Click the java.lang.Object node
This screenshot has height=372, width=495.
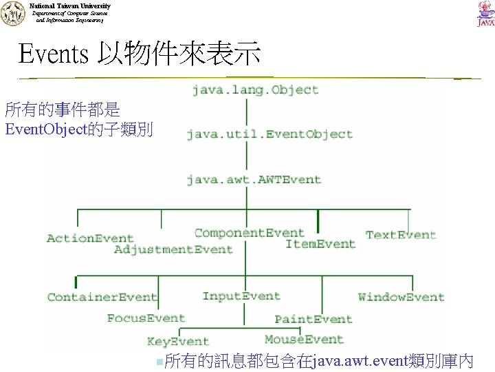tap(255, 90)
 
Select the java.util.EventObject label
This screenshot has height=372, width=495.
tap(269, 134)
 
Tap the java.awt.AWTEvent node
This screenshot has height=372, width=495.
tap(254, 180)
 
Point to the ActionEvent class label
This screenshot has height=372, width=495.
tap(90, 238)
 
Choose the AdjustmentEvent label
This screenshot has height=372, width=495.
tap(173, 249)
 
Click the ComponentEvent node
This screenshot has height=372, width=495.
tap(249, 233)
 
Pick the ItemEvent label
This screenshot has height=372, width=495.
tap(320, 244)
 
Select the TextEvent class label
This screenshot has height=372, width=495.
tap(401, 235)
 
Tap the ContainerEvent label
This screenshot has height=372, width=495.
tap(102, 298)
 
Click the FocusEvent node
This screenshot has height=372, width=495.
tap(146, 318)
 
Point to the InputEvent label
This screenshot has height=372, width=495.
tap(241, 296)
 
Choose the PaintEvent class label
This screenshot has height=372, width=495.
tap(313, 319)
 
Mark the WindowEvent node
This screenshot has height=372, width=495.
tap(401, 298)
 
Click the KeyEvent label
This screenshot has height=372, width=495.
tap(177, 341)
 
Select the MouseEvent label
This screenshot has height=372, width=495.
tap(304, 340)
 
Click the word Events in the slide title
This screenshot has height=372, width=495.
tap(54, 53)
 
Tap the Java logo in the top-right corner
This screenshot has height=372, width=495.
tap(485, 14)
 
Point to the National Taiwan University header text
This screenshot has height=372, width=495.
tap(70, 6)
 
